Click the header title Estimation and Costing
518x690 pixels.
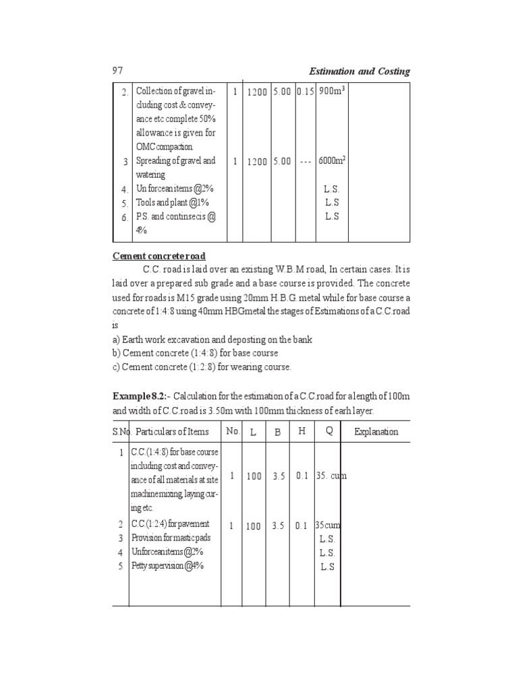[359, 71]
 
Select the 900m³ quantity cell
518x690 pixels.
[332, 91]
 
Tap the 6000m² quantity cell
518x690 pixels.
[333, 162]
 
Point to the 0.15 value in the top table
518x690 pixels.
[305, 92]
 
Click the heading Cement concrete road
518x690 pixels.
[159, 256]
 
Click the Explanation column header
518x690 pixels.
[376, 432]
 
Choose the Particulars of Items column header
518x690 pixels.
[169, 432]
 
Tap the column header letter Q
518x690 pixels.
[329, 431]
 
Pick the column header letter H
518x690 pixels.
[301, 431]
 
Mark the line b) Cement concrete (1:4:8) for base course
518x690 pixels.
[195, 353]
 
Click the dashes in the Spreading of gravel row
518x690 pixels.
[306, 162]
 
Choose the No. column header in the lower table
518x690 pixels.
[233, 431]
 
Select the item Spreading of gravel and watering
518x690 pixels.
[175, 168]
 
